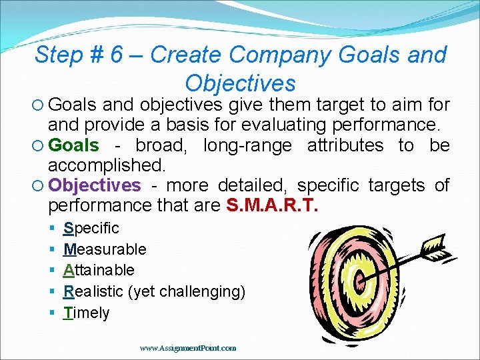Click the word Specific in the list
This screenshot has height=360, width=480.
pos(91,228)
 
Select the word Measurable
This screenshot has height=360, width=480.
pos(105,249)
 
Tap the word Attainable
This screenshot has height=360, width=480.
pos(99,270)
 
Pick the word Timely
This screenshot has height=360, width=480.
pos(87,313)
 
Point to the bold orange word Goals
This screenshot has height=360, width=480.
pos(74,145)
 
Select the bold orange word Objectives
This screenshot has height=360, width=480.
pos(95,185)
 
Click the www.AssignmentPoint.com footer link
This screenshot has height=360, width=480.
pos(188,348)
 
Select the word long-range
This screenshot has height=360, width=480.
pos(247,145)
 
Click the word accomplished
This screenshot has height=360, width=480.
pos(106,165)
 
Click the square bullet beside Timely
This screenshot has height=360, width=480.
pos(52,313)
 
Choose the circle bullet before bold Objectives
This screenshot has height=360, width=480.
pos(41,185)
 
